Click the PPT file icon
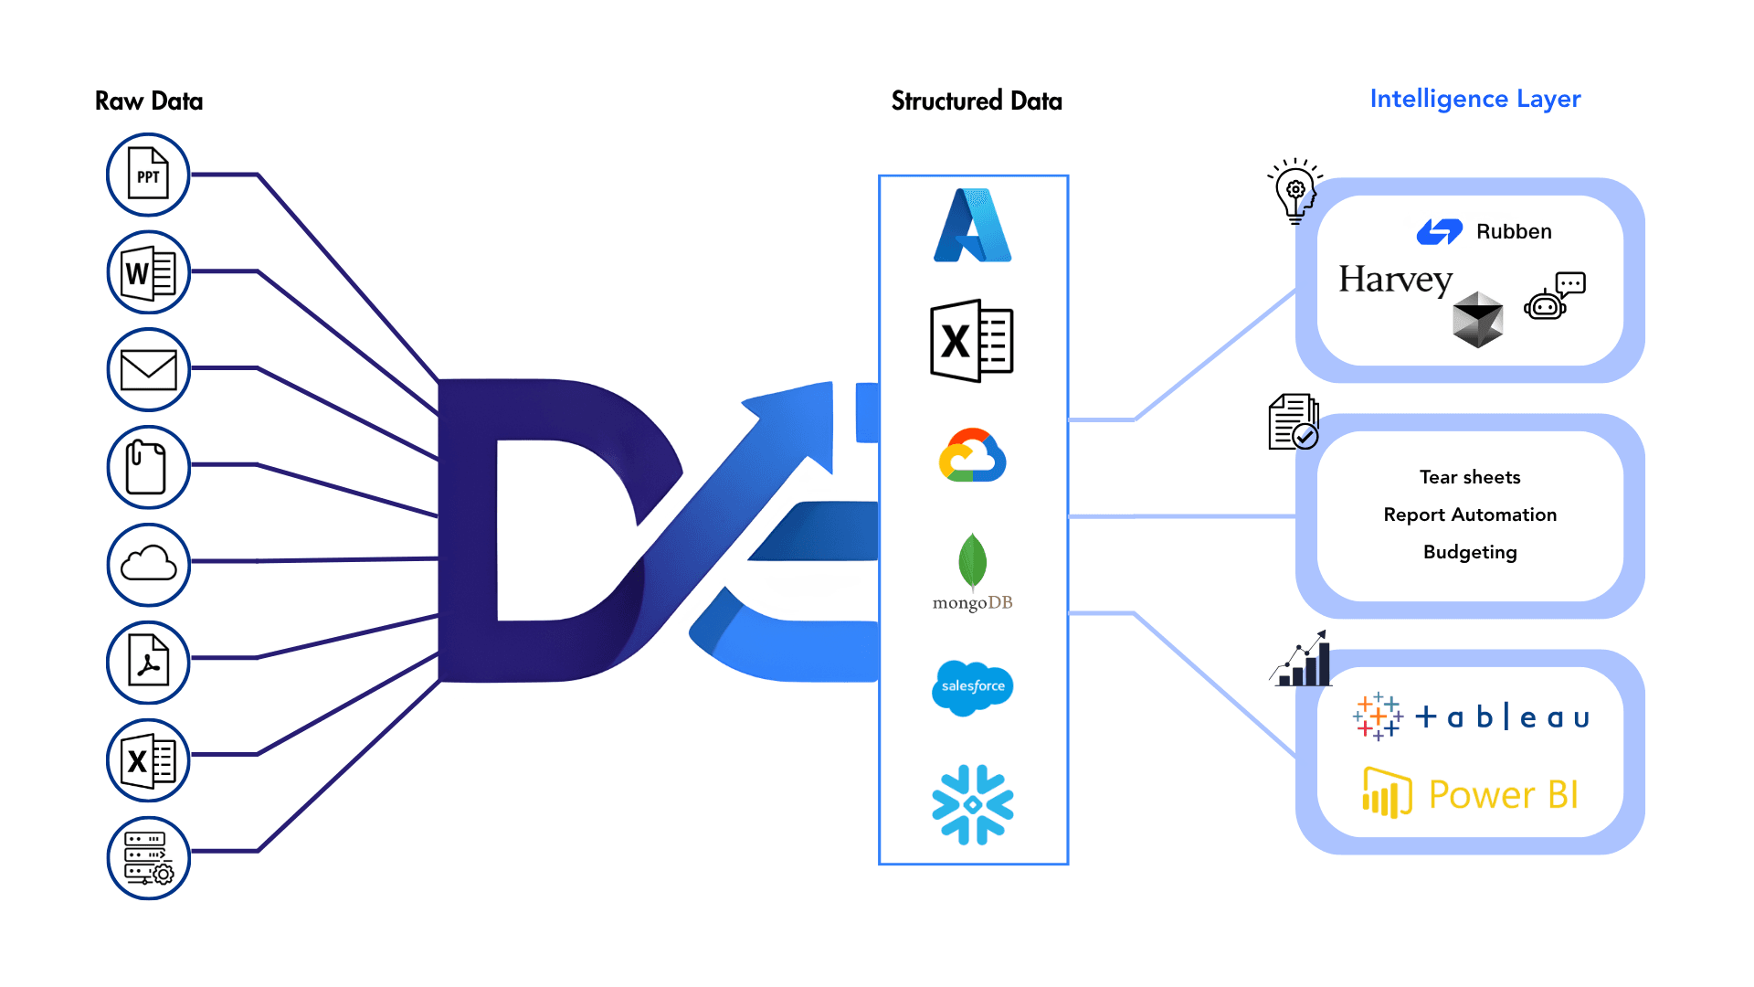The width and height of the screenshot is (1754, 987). (148, 175)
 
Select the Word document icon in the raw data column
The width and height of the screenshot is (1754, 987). (148, 272)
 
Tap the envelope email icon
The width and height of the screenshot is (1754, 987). (148, 370)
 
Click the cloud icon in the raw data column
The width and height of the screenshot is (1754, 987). (148, 564)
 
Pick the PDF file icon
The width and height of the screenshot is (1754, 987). (148, 662)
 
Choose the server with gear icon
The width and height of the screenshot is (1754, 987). (148, 857)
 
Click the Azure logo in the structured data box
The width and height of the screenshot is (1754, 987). (973, 226)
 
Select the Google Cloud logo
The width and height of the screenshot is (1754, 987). (973, 455)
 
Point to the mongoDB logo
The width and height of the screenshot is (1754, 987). (973, 572)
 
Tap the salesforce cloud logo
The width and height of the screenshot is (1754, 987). (973, 686)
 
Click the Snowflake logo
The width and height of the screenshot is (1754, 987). (973, 804)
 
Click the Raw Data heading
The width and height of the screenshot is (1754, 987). (149, 101)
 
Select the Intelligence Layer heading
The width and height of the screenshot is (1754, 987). (1474, 99)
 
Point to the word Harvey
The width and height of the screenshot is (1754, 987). (1395, 280)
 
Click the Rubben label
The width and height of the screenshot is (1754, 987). (1514, 232)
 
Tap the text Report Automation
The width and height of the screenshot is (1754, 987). (1470, 515)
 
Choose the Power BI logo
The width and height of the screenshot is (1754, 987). (1470, 793)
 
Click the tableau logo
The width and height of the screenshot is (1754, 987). (1472, 716)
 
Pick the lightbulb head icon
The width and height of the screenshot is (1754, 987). (1294, 190)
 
